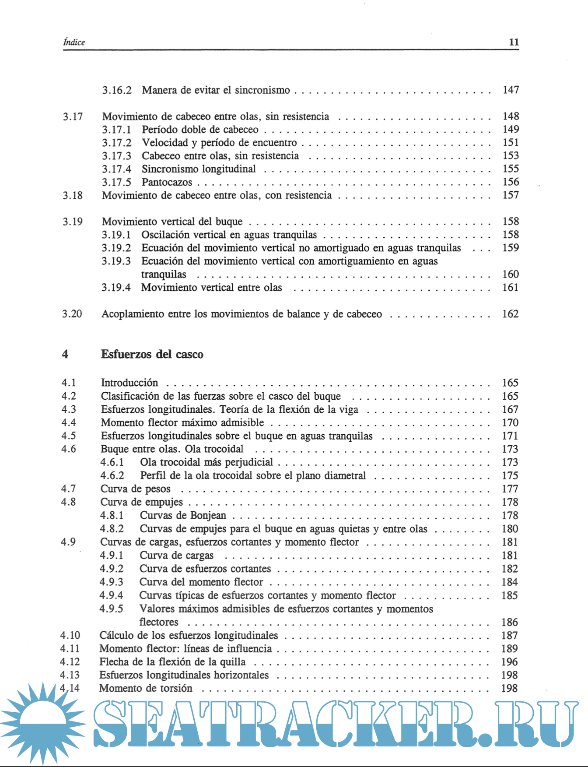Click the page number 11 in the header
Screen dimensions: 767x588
tap(514, 42)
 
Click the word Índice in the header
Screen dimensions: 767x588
tap(74, 42)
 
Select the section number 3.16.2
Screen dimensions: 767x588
tap(117, 90)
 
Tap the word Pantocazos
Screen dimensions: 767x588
tap(167, 182)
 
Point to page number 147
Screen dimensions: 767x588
tap(511, 90)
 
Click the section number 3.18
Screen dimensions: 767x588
tap(72, 195)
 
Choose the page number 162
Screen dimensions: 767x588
tap(510, 314)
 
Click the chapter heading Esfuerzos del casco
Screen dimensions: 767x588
tap(152, 354)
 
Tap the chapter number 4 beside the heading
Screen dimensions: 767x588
tap(65, 354)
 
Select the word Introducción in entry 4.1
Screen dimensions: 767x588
tap(129, 383)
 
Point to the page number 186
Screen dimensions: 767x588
tap(510, 622)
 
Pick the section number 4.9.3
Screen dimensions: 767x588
tap(112, 582)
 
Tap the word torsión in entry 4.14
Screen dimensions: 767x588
tap(175, 688)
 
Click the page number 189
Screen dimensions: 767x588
tap(510, 649)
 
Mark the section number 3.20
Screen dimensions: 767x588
tap(72, 314)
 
